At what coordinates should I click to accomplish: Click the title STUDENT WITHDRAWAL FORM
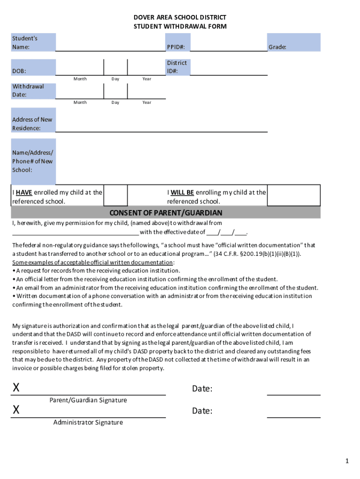coord(180,26)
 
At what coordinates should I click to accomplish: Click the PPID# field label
coord(176,47)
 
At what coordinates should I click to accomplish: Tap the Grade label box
coord(277,47)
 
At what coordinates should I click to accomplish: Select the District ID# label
coord(176,67)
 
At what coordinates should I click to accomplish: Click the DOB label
coord(19,71)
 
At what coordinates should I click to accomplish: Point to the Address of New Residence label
coord(32,123)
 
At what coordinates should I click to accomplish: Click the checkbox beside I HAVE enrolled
coord(115,195)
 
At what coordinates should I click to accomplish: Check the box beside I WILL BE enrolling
coord(293,195)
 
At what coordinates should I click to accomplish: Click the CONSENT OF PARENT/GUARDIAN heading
coord(166,213)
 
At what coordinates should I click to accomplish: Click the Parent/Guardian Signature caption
coord(88,400)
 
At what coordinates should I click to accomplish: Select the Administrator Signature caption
coord(88,422)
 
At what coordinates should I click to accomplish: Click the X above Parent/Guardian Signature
coord(16,388)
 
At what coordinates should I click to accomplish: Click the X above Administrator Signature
coord(16,410)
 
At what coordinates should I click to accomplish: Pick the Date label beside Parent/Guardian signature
coord(202,389)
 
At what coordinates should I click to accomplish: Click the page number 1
coord(347,461)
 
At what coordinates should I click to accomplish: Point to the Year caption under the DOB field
coord(147,79)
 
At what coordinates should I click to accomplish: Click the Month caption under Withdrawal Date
coord(80,102)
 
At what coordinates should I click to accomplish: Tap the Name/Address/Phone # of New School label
coord(32,161)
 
